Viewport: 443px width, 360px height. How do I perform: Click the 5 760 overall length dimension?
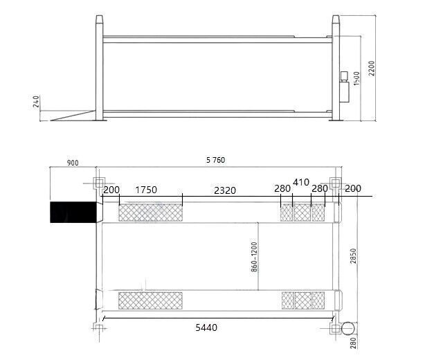[215, 160]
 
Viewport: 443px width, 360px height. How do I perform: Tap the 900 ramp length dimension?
[73, 163]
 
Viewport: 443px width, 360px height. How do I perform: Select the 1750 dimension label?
[146, 190]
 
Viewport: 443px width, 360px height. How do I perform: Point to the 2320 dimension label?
[225, 190]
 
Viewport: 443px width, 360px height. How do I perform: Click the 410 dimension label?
[301, 182]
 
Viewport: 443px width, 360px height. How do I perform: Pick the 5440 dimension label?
[206, 327]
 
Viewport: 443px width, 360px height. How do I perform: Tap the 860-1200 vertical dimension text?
[254, 257]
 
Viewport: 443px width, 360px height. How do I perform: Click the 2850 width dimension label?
[354, 256]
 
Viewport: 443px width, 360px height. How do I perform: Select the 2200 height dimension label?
[372, 69]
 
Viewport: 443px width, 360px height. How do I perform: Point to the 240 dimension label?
[36, 102]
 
